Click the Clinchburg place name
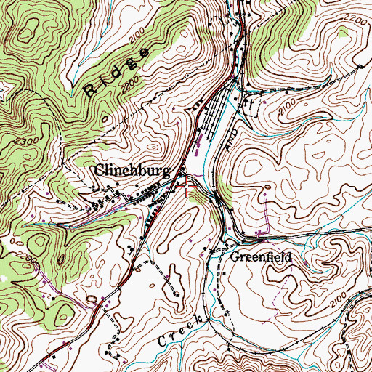(134, 171)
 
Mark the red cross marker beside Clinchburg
(189, 189)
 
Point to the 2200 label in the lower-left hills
(15, 256)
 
